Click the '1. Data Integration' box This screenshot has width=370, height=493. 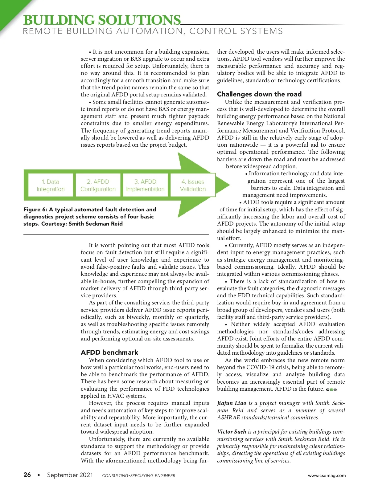[x=51, y=185]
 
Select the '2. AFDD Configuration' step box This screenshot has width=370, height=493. [x=98, y=185]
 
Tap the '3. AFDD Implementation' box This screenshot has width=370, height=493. [x=145, y=185]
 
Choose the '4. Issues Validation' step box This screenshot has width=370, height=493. [x=193, y=185]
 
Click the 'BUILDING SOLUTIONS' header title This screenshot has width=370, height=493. [x=102, y=20]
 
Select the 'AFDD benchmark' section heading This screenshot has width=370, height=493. [x=109, y=352]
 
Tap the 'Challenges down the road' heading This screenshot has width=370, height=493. [x=259, y=94]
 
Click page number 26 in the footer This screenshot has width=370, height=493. [x=27, y=475]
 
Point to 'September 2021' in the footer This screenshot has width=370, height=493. [x=70, y=475]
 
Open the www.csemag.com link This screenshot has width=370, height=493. [x=327, y=475]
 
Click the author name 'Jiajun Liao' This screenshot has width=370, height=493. [x=232, y=403]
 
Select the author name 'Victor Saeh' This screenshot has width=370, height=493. [x=232, y=432]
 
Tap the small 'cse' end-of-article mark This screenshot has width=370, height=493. [x=331, y=389]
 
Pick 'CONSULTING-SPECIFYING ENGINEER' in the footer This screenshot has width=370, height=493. [x=138, y=476]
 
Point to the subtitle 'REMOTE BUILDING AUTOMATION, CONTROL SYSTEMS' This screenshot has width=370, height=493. [x=153, y=31]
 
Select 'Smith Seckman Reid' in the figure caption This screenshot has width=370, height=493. [x=96, y=224]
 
